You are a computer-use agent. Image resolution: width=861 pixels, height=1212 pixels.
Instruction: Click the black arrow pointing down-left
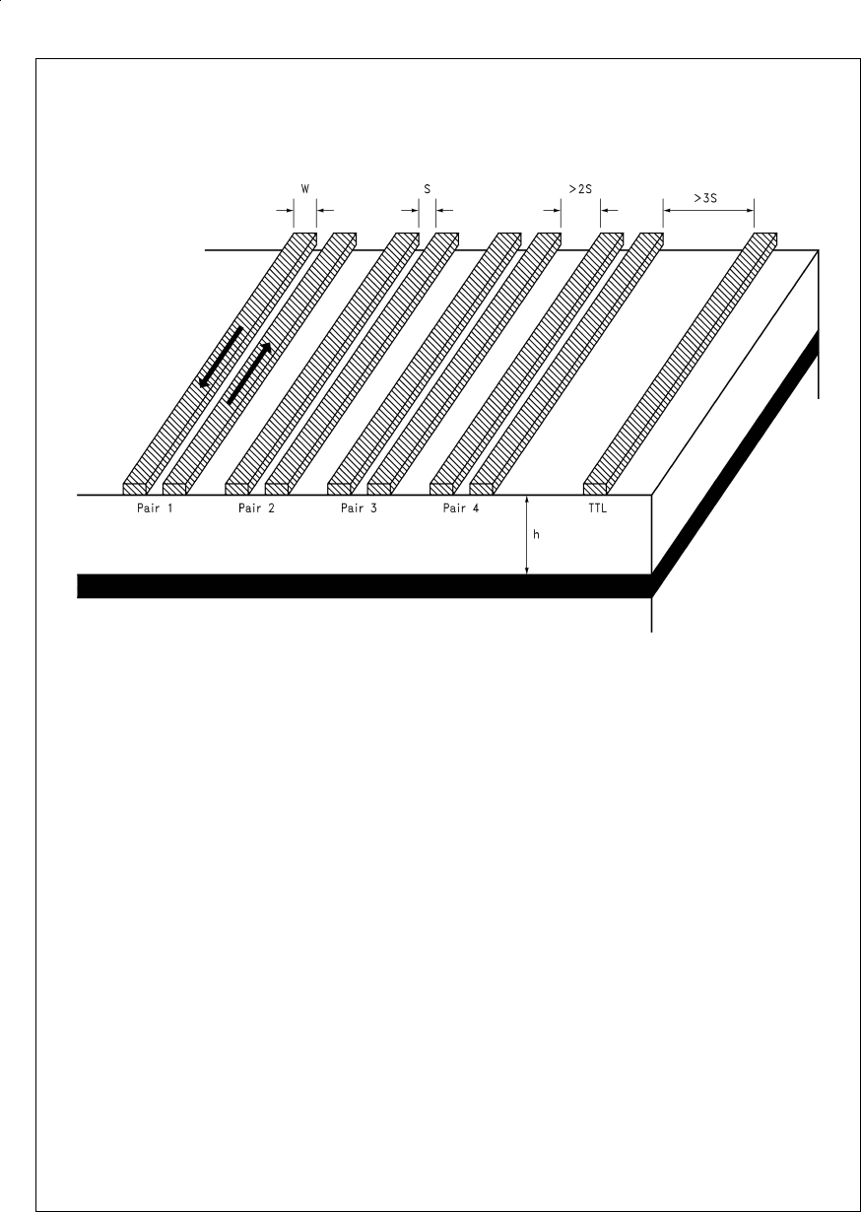click(219, 357)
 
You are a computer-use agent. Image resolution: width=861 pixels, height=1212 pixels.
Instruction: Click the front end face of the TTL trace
click(595, 489)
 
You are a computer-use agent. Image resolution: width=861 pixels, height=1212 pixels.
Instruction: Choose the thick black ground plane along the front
click(364, 585)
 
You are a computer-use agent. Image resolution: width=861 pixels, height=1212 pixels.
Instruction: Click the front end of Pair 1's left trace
click(134, 489)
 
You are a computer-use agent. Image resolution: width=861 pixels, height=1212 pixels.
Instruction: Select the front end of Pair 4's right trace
click(481, 489)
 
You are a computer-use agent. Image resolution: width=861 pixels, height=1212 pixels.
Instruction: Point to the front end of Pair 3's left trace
click(338, 489)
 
